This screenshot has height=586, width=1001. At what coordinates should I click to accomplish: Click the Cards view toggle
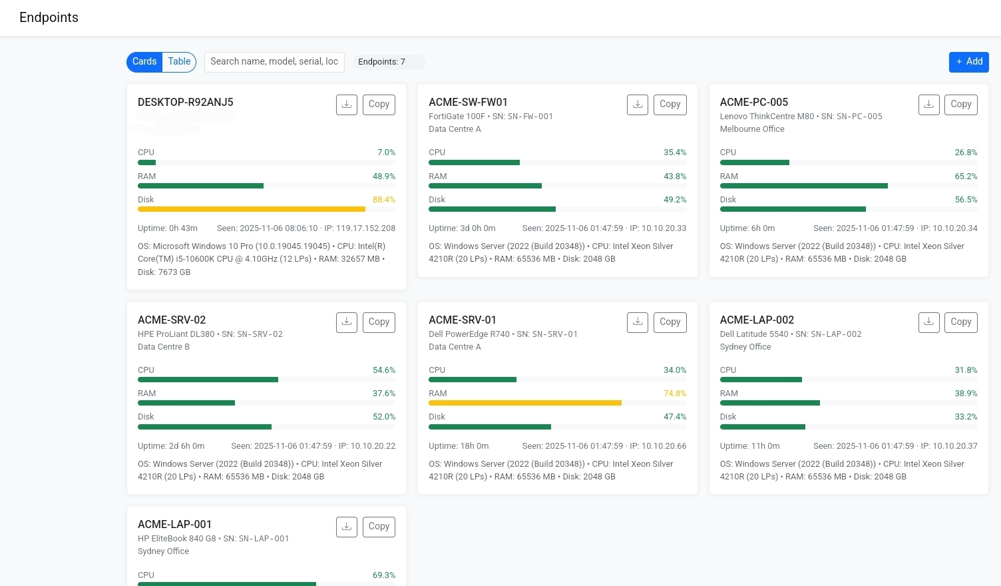pos(144,62)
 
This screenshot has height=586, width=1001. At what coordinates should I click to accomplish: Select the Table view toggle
pos(179,62)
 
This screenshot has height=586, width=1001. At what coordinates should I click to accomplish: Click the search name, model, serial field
pos(274,62)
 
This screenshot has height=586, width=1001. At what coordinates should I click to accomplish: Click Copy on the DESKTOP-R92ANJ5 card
pos(379,105)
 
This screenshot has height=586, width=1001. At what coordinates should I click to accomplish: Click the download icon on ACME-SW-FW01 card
pos(638,105)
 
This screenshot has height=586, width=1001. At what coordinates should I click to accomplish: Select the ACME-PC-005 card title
pos(753,103)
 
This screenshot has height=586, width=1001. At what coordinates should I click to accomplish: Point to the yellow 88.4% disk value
pos(383,200)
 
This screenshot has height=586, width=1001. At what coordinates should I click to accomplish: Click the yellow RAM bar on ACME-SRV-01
pos(524,403)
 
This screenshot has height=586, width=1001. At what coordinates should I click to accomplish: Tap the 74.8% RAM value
pos(674,394)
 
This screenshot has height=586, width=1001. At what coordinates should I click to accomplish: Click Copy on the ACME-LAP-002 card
pos(960,322)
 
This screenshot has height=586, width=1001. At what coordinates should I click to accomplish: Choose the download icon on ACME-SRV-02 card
pos(347,322)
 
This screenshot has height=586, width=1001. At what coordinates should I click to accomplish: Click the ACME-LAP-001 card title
pos(174,525)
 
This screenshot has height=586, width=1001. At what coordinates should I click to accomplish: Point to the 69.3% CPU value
pos(383,575)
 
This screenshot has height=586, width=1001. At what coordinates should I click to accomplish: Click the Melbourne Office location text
pos(751,129)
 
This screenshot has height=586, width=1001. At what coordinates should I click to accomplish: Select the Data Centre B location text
pos(164,347)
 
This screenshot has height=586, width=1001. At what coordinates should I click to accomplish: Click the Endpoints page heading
pos(49,18)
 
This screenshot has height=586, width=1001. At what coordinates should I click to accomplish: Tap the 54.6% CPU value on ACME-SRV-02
pos(383,370)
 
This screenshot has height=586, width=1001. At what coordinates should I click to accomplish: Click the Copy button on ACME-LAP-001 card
pos(379,527)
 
